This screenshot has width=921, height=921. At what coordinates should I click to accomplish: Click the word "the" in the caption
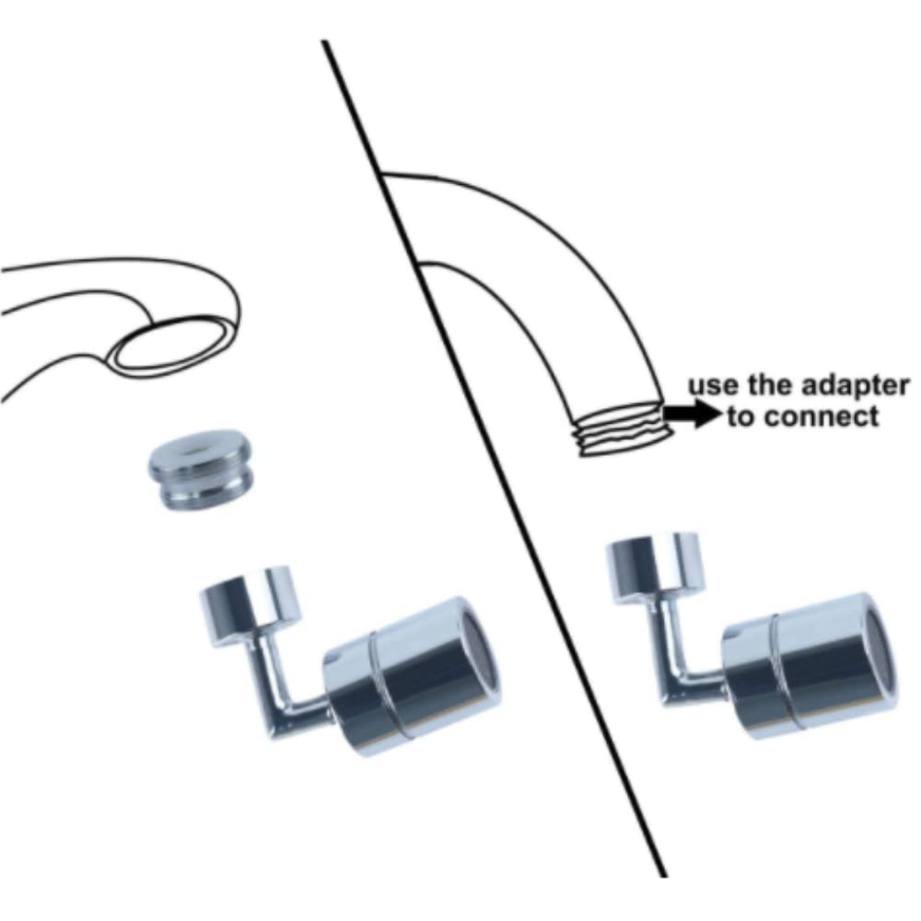769,386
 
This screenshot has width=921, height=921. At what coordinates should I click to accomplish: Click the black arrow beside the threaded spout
694,414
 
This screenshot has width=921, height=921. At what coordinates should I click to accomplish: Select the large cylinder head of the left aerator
411,675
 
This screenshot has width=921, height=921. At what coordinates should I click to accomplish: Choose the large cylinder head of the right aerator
809,665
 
